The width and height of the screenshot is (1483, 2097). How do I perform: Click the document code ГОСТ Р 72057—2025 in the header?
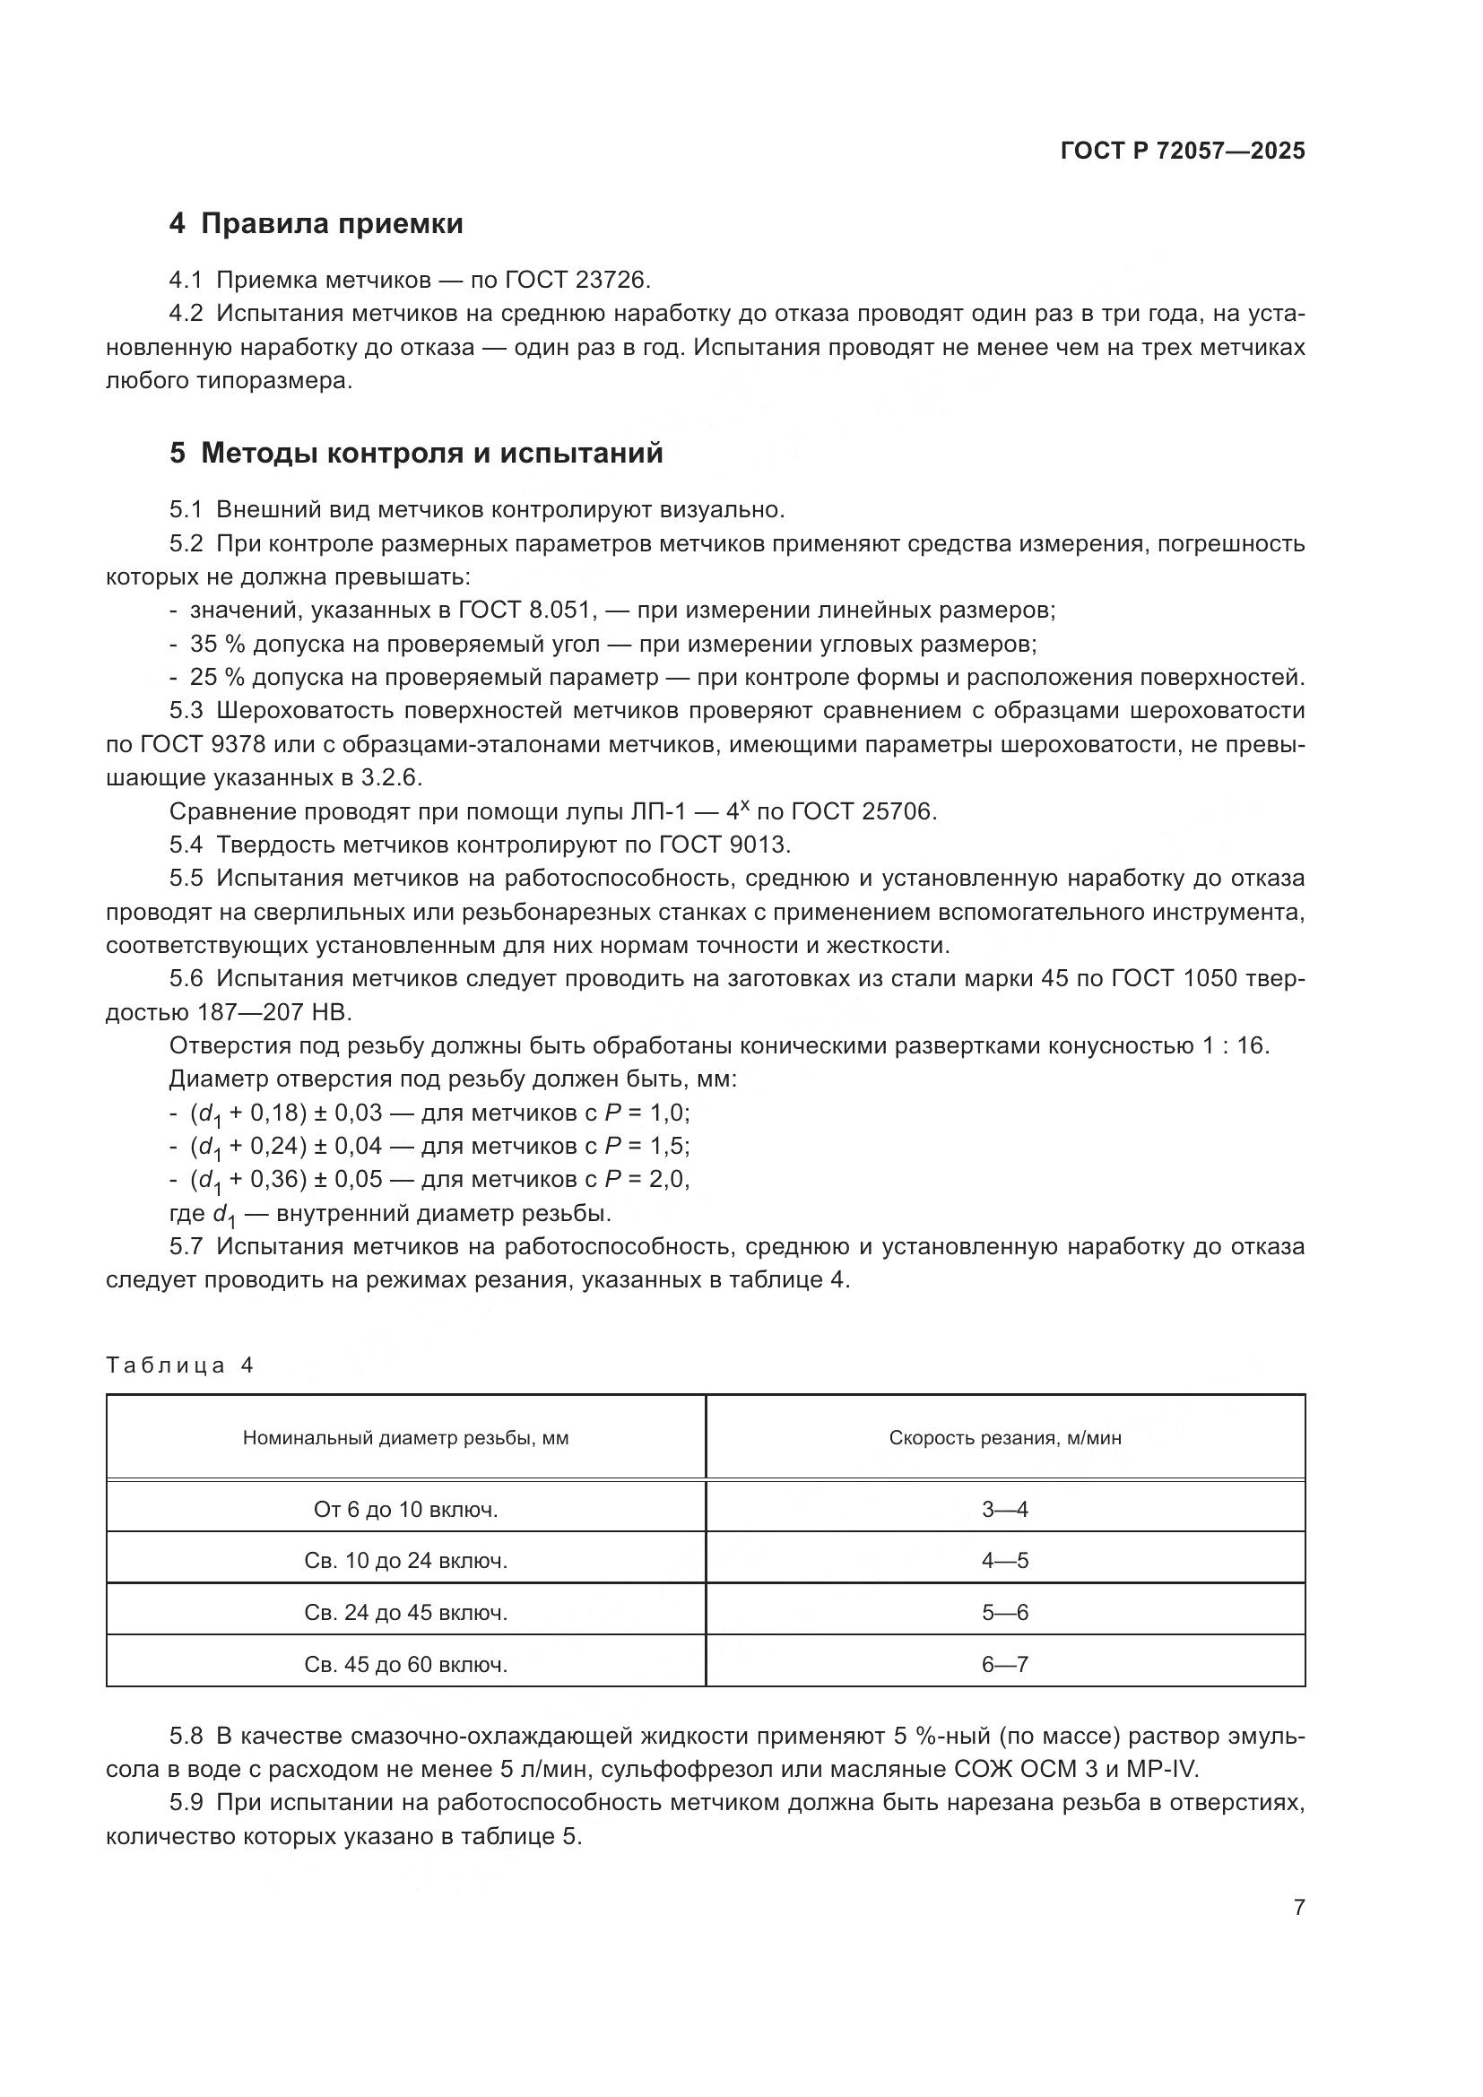click(1183, 151)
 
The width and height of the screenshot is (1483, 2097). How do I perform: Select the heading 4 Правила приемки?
click(316, 224)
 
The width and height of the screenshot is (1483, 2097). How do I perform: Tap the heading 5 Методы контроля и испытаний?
click(416, 453)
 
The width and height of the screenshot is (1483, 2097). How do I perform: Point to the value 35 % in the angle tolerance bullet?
click(217, 644)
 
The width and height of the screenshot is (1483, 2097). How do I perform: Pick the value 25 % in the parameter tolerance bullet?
click(217, 678)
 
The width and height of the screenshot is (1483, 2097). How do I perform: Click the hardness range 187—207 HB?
click(273, 1013)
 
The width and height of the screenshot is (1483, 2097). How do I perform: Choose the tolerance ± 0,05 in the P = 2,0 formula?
click(348, 1179)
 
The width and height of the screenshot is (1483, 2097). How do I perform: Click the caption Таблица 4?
click(179, 1365)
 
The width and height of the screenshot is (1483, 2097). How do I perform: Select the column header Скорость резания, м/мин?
click(1005, 1438)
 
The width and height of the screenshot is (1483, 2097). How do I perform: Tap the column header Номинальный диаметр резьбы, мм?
click(405, 1438)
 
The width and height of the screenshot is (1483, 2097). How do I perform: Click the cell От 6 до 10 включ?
click(405, 1510)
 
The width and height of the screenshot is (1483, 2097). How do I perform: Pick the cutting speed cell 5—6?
click(1005, 1613)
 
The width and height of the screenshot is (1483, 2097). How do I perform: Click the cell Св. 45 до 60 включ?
click(405, 1665)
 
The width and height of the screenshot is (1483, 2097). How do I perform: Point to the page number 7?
click(1298, 1908)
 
